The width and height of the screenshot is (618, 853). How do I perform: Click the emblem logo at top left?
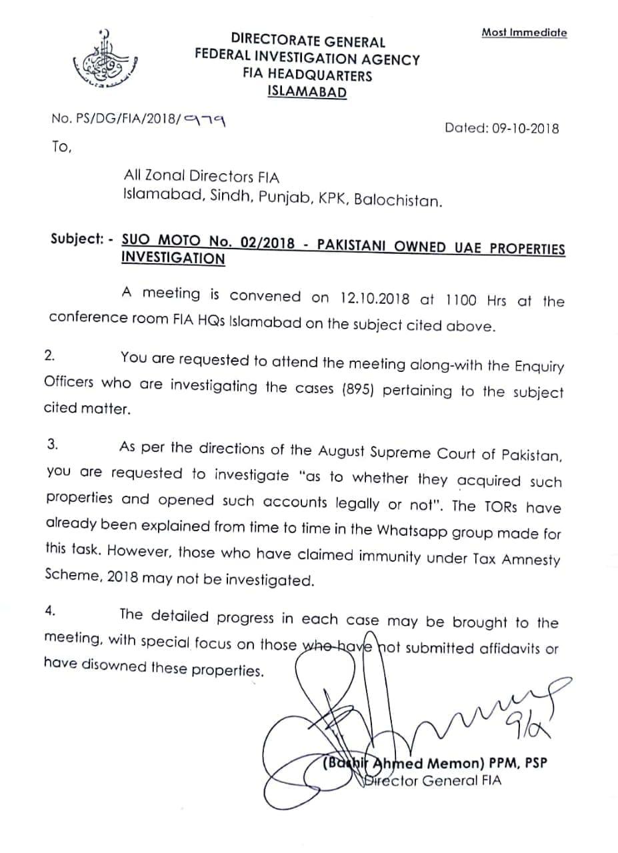(99, 63)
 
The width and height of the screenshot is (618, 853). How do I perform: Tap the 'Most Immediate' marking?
(524, 32)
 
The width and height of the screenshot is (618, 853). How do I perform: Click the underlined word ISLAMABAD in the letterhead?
(307, 92)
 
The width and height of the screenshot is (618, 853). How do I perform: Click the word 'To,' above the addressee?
(61, 147)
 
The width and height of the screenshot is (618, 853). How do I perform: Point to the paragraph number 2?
(49, 355)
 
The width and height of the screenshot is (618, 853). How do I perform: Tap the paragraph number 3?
(51, 446)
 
